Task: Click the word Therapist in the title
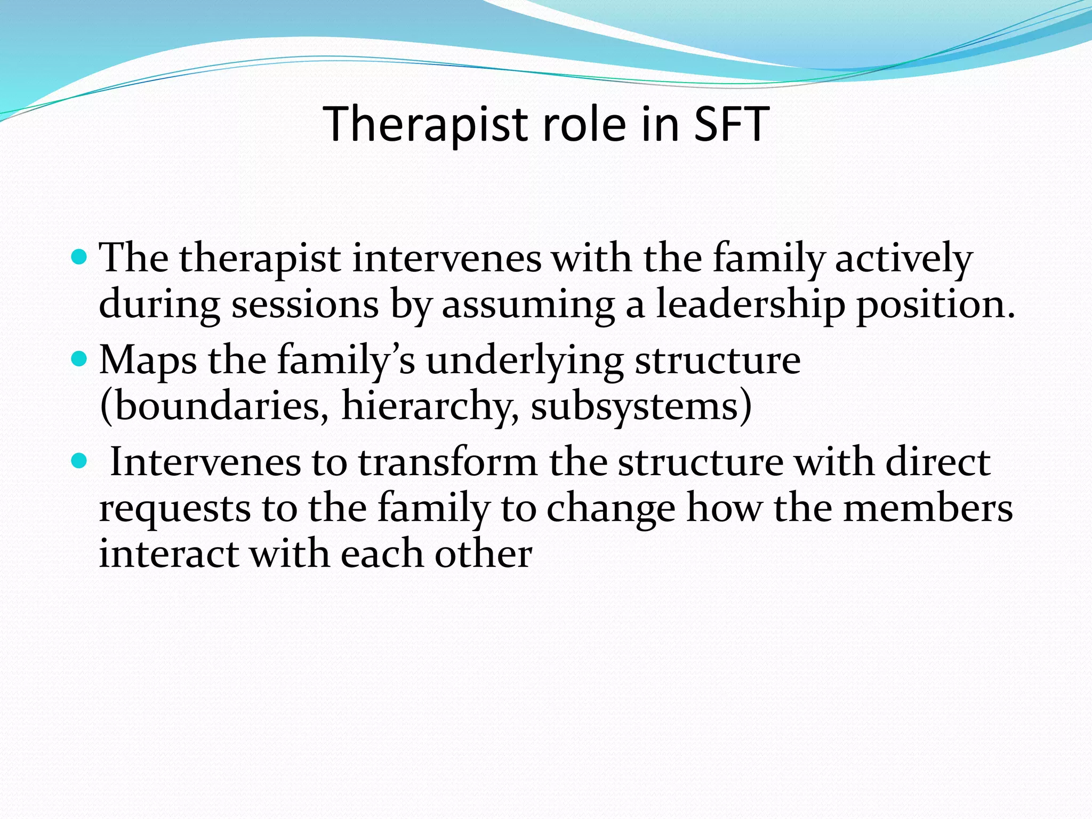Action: pyautogui.click(x=425, y=125)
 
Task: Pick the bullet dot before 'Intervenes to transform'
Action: pyautogui.click(x=78, y=460)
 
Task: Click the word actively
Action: pyautogui.click(x=903, y=259)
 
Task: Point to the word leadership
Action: pyautogui.click(x=750, y=306)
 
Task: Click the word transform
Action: pyautogui.click(x=447, y=462)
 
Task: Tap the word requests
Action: pyautogui.click(x=175, y=508)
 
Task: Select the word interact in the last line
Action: pyautogui.click(x=168, y=554)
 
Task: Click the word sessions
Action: pyautogui.click(x=304, y=306)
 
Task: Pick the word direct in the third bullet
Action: pyautogui.click(x=938, y=462)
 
